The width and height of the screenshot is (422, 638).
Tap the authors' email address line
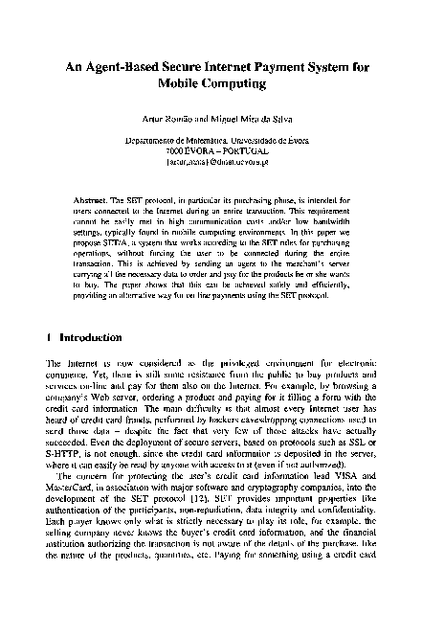point(211,161)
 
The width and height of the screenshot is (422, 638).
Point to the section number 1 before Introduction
point(50,337)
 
